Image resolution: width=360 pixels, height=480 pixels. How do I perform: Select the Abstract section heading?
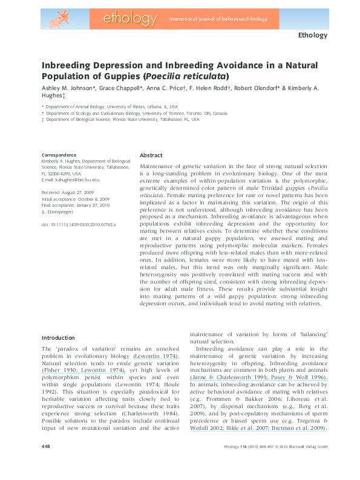click(151, 155)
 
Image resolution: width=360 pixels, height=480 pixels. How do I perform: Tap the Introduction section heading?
click(58, 337)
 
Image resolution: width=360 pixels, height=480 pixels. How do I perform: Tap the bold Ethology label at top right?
click(312, 35)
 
